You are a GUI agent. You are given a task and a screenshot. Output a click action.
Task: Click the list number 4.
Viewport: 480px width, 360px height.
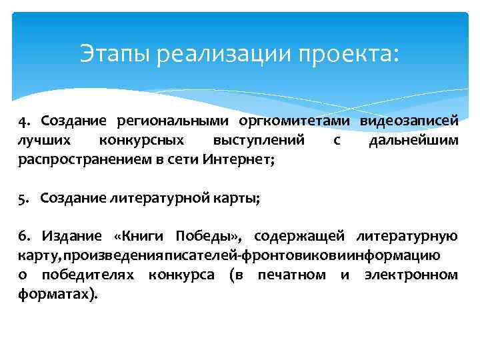pyautogui.click(x=25, y=122)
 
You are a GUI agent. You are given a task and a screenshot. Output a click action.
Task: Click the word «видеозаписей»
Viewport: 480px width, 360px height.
pyautogui.click(x=409, y=122)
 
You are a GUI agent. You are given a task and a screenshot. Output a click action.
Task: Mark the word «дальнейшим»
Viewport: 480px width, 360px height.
pyautogui.click(x=413, y=141)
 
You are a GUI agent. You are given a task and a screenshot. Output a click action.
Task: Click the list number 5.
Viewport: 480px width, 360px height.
pyautogui.click(x=24, y=198)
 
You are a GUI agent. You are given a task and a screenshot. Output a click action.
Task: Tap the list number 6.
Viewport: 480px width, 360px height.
pyautogui.click(x=24, y=236)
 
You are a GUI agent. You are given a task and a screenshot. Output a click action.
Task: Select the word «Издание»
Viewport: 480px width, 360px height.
pyautogui.click(x=73, y=236)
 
